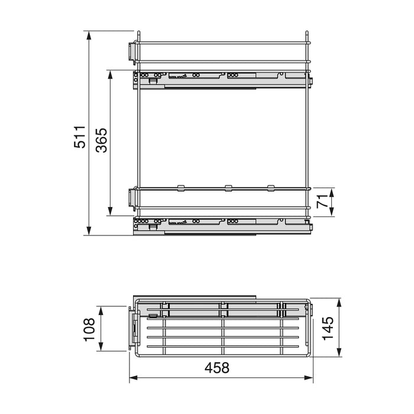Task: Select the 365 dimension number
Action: pyautogui.click(x=102, y=141)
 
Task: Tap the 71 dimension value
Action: pyautogui.click(x=322, y=202)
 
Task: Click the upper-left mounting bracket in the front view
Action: pyautogui.click(x=131, y=51)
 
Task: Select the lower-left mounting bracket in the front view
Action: pyautogui.click(x=131, y=198)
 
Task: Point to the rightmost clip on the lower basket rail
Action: pyautogui.click(x=271, y=188)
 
